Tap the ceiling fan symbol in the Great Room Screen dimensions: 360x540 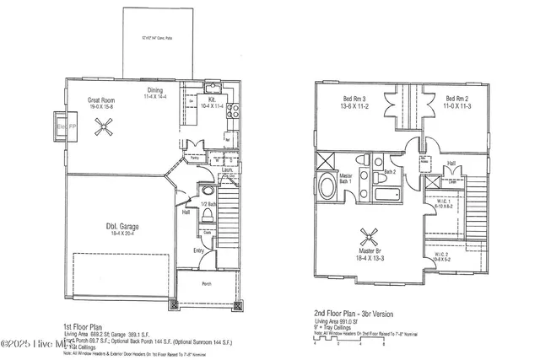click(x=105, y=126)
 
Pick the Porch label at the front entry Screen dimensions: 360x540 click(x=207, y=283)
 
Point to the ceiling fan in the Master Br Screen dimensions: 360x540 click(x=368, y=235)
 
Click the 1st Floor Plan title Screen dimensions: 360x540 click(x=84, y=326)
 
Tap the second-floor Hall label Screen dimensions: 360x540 click(x=451, y=163)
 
